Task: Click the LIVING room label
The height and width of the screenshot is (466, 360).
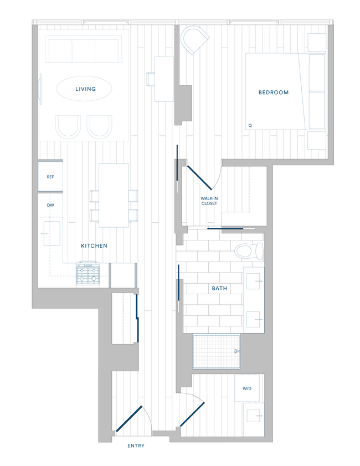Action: pos(85,89)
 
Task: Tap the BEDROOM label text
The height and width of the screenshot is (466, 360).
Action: pos(274,93)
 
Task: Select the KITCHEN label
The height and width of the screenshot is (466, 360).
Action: pos(94,245)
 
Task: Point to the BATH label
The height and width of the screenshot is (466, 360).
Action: pos(219,289)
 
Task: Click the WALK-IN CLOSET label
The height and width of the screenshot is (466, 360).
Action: pos(209,201)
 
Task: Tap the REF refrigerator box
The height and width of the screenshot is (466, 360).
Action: pos(50,177)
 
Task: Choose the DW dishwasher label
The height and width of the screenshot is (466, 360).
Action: pos(50,204)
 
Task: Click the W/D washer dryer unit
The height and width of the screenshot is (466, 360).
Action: pos(246,388)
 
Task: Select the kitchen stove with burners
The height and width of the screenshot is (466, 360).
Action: pos(89,274)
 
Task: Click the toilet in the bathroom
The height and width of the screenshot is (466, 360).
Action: pos(248,252)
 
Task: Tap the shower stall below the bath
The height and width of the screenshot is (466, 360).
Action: pos(217,351)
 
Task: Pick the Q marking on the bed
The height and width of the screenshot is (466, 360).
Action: pos(250,125)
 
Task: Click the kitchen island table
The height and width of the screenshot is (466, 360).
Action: pos(114,195)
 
